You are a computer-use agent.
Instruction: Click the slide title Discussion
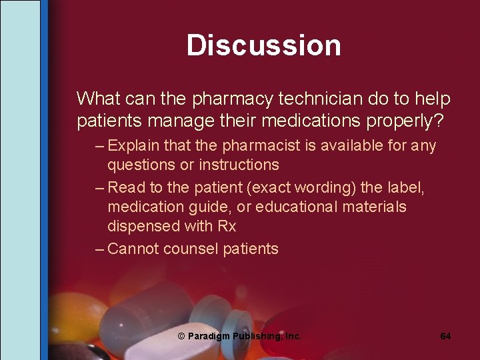click(263, 45)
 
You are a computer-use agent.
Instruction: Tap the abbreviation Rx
click(227, 226)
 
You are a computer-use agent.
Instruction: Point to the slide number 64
click(445, 336)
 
